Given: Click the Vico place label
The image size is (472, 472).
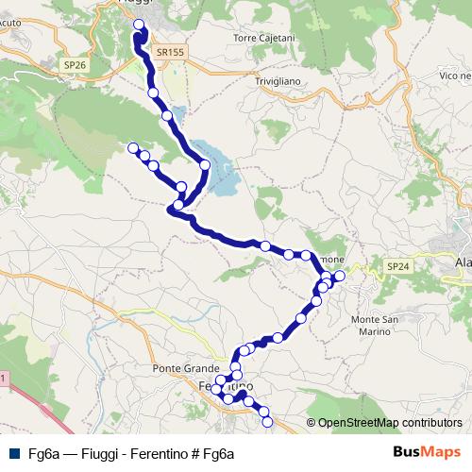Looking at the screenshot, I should click(454, 74).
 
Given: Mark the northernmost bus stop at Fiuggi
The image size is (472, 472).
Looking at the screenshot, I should click(140, 25).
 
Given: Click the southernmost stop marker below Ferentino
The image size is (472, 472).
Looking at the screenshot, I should click(266, 422).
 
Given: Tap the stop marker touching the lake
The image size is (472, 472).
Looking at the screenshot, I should click(205, 165).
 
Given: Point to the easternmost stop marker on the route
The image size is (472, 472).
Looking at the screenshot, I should click(340, 277).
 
